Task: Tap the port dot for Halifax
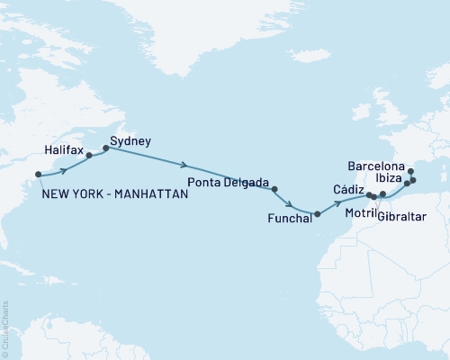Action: pos(89,155)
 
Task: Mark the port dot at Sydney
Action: pos(106,148)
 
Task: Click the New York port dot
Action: pos(38,175)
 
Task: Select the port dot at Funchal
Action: pos(317,213)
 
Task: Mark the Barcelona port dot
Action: pos(410,171)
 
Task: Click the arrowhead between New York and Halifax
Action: pos(65,169)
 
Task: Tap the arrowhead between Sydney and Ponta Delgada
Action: pos(184,166)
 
